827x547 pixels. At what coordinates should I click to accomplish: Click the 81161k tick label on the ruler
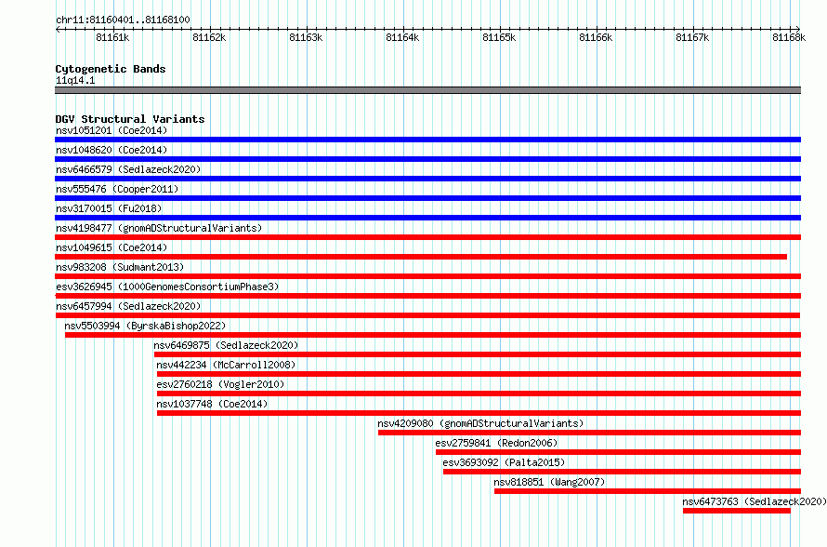coord(112,37)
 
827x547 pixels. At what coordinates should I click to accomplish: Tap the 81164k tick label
coord(402,37)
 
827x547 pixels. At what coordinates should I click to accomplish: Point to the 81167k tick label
coord(692,37)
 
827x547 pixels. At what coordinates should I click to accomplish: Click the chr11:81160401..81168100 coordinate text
coord(123,20)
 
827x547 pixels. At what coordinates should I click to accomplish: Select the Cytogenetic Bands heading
coord(111,69)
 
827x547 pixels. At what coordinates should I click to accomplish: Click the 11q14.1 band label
coord(75,80)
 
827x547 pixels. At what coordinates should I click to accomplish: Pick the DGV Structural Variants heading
coord(130,119)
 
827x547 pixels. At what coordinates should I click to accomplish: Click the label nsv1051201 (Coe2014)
coord(112,130)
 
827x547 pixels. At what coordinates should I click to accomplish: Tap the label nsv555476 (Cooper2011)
coord(117,189)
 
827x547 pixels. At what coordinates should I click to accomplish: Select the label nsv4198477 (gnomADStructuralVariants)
coord(159,228)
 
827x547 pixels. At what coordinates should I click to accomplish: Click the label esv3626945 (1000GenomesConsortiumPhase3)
coord(167,287)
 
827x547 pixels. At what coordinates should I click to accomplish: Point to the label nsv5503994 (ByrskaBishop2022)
coord(145,326)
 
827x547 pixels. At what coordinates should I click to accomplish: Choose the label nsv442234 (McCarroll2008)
coord(226,365)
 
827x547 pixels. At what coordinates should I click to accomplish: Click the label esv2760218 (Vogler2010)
coord(220,384)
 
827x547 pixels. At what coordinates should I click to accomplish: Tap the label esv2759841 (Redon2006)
coord(496,443)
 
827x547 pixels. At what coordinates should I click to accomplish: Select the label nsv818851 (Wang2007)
coord(549,482)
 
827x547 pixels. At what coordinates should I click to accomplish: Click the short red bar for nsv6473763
coord(737,511)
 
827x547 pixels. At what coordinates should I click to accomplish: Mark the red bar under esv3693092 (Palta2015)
coord(622,472)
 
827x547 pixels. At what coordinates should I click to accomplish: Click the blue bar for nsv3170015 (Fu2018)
coord(427,218)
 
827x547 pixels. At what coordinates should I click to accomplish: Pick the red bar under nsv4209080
coord(590,433)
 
